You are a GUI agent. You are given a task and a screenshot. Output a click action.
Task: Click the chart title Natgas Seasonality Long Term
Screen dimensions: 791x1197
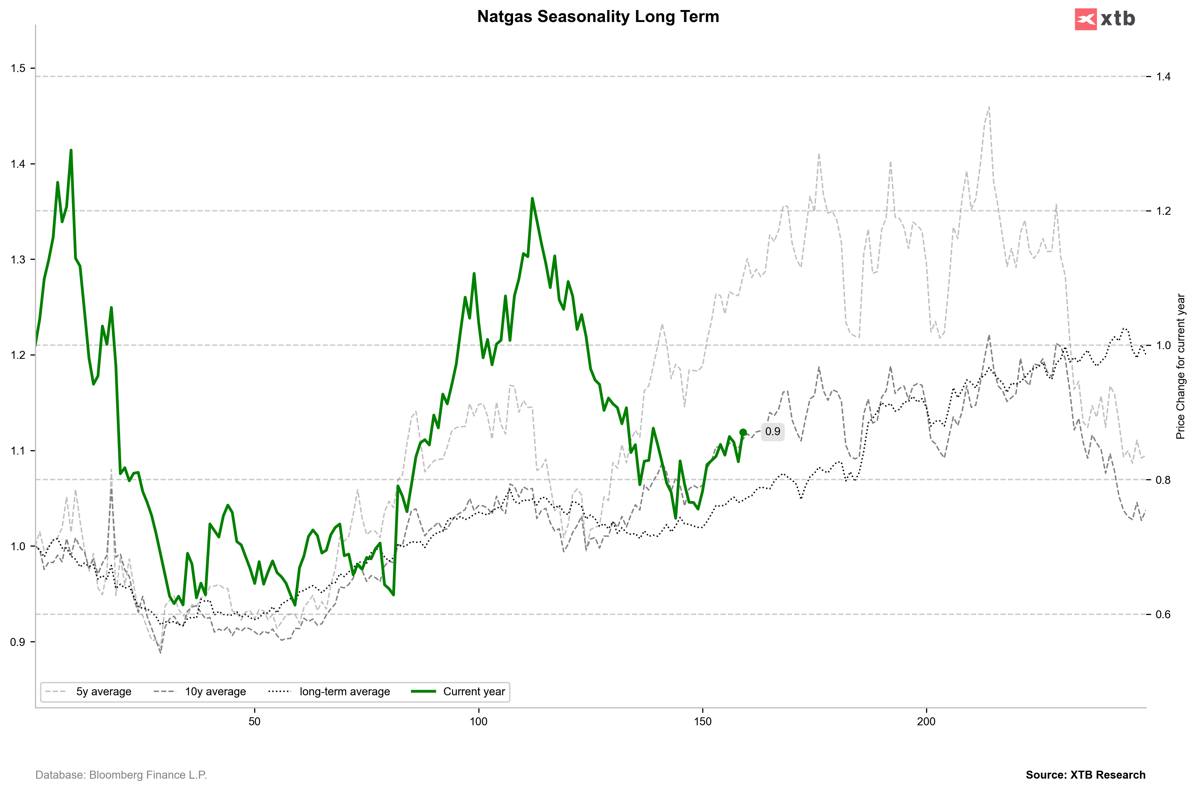click(598, 17)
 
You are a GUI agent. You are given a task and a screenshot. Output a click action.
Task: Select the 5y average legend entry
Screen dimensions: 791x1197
click(103, 692)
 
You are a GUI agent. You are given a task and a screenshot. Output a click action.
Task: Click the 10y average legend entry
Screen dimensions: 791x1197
click(215, 692)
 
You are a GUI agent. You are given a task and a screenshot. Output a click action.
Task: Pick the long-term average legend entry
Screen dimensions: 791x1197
click(344, 692)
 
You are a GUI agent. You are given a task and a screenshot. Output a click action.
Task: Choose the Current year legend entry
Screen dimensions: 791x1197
click(473, 692)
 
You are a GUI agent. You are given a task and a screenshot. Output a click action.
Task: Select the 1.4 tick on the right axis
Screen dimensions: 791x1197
click(1163, 77)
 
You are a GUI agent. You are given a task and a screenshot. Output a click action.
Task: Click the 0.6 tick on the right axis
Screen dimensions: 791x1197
click(1163, 615)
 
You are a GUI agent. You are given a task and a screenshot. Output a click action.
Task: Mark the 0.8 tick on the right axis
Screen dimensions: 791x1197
click(1163, 480)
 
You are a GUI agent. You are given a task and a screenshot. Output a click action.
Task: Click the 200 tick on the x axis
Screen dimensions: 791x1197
click(926, 721)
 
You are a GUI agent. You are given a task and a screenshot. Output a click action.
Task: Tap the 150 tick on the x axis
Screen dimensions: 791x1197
click(703, 721)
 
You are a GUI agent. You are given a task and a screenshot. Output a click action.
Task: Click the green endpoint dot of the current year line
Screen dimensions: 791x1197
click(743, 432)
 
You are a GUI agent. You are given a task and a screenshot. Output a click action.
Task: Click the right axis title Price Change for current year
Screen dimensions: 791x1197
click(1180, 366)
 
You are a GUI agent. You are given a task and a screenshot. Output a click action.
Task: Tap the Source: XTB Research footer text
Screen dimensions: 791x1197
click(1086, 775)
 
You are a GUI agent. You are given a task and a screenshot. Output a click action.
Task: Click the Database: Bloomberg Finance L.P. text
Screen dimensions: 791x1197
click(121, 775)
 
